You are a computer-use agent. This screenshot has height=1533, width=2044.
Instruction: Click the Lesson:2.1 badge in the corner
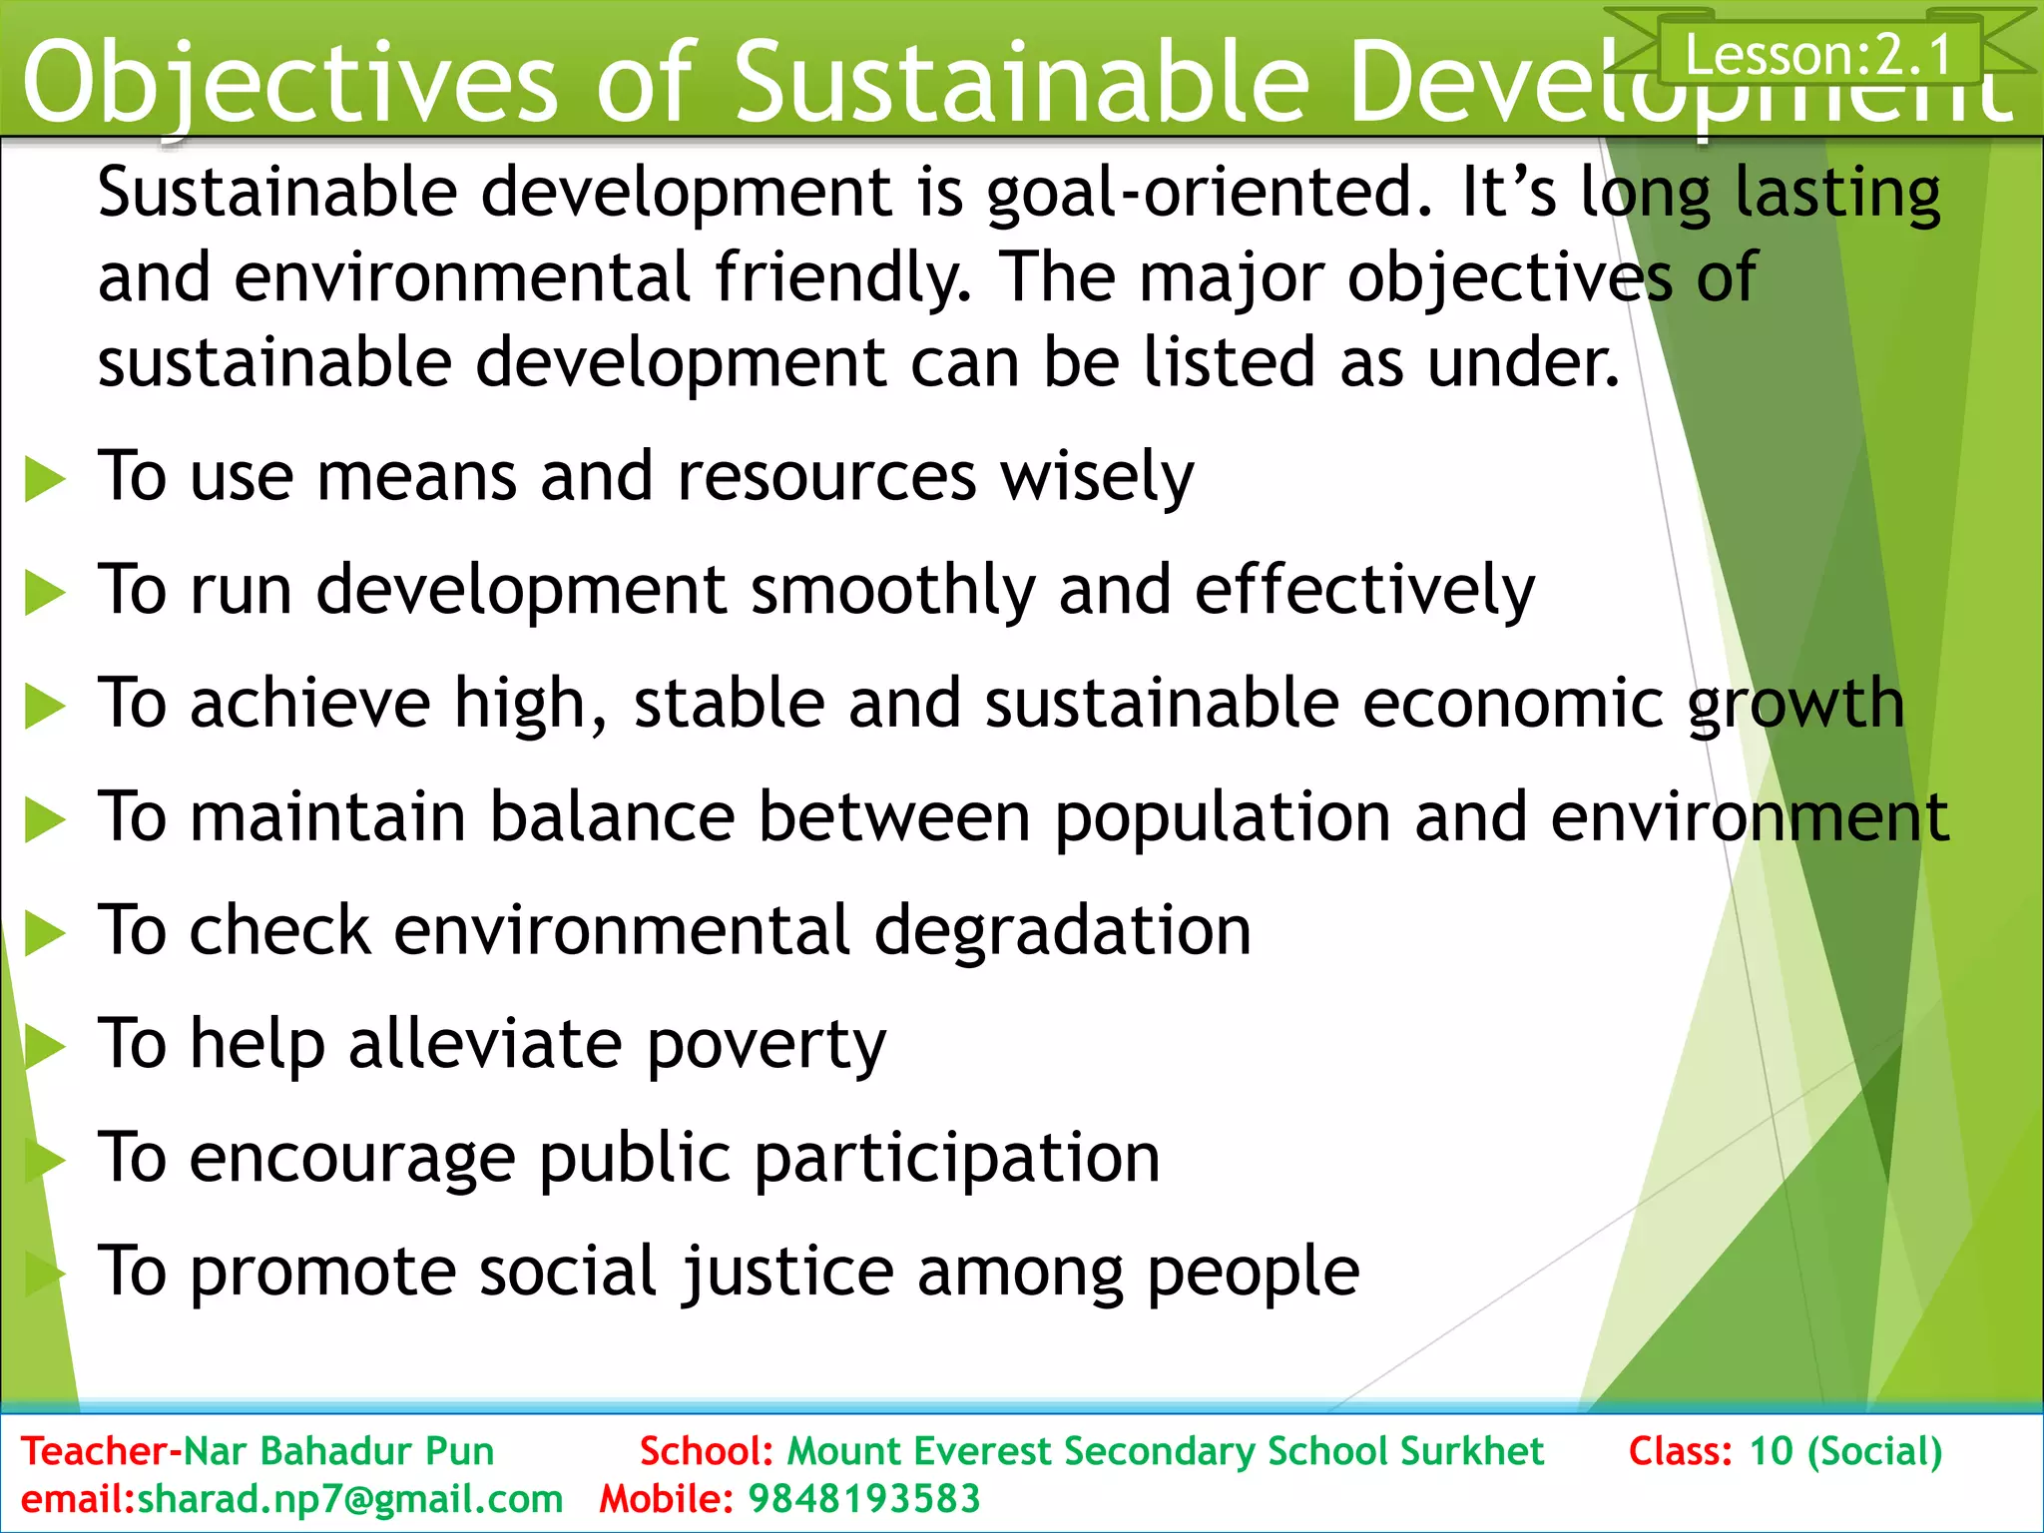[x=1818, y=54]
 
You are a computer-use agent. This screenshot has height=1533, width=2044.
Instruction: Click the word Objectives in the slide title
[x=289, y=84]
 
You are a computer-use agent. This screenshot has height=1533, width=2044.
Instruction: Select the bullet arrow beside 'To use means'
[x=45, y=479]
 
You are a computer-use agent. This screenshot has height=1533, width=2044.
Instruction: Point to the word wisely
[x=1097, y=477]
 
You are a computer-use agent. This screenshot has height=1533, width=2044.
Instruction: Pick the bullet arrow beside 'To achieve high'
[x=45, y=707]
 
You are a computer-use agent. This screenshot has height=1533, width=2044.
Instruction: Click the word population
[x=1222, y=818]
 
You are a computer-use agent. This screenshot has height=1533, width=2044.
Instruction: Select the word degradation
[x=1062, y=931]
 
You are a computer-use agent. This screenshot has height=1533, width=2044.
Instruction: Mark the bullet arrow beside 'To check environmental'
[x=45, y=934]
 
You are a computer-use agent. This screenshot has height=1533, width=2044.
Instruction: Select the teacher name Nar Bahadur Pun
[x=338, y=1451]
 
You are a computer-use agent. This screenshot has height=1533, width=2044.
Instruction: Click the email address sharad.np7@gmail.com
[x=350, y=1499]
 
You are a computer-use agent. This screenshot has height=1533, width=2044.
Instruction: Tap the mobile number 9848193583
[x=864, y=1499]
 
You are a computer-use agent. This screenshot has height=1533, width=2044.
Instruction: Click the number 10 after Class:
[x=1771, y=1451]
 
